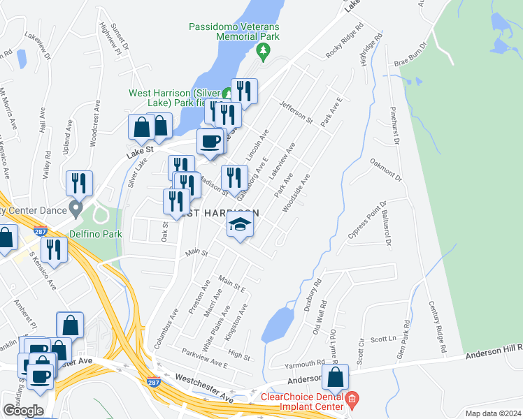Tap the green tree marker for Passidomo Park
pos(264,50)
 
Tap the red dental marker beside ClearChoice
pos(352,399)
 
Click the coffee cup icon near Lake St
pos(210,142)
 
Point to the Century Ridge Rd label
pos(438,328)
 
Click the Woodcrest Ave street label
pos(94,126)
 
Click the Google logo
pos(23,410)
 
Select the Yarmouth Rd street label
pos(305,365)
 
